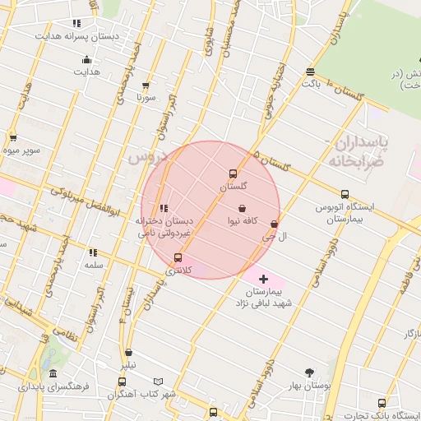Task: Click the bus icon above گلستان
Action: (234, 174)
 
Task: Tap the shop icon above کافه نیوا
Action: (243, 209)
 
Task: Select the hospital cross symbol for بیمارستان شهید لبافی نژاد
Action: (263, 280)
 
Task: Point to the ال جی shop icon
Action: (274, 224)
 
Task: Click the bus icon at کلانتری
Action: (178, 258)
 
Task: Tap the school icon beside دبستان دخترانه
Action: (164, 209)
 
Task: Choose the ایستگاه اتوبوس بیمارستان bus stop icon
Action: (345, 194)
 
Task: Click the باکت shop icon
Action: (310, 72)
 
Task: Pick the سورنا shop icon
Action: (146, 86)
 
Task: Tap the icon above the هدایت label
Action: (86, 59)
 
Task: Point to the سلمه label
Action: (93, 266)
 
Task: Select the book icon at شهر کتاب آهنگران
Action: (159, 382)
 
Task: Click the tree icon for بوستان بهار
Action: (309, 372)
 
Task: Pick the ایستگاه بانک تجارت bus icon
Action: (382, 403)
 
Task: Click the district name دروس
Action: (149, 155)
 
